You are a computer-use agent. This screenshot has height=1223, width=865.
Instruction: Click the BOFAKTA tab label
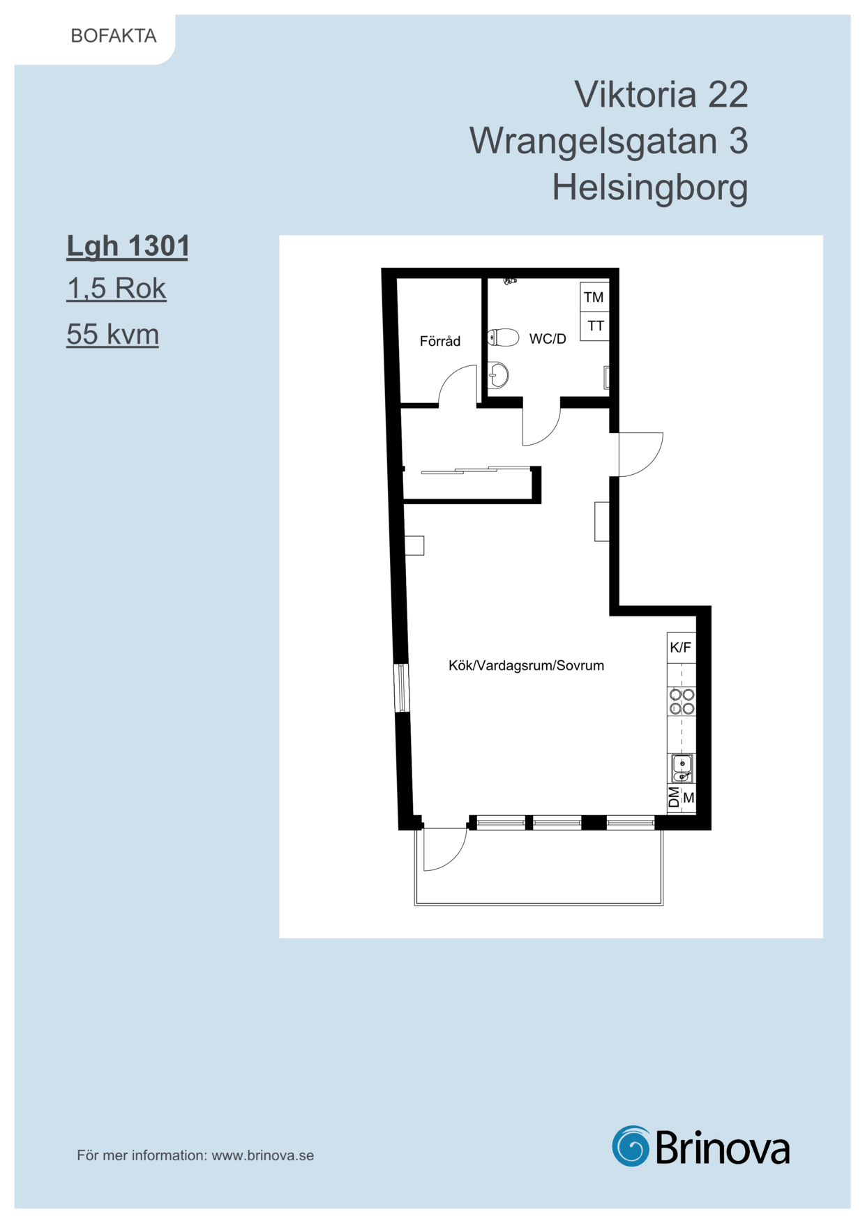coord(114,36)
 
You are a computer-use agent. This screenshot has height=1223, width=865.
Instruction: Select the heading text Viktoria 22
coord(661,94)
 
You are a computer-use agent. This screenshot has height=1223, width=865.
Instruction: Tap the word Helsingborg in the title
coord(650,188)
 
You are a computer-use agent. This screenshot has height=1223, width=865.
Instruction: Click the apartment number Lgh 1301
coord(128,247)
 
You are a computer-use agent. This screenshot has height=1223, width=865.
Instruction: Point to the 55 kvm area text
coord(113,334)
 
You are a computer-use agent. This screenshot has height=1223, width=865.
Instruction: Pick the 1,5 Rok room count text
coord(116,289)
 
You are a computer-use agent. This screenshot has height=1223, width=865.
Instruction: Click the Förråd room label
coord(440,341)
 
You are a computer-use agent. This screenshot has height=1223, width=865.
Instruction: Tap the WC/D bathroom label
coord(548,339)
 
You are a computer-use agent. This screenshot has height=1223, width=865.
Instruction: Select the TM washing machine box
coord(594,297)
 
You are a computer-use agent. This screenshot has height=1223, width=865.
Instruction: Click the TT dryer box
coord(594,326)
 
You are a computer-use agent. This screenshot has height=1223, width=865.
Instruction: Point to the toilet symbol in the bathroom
coord(503,338)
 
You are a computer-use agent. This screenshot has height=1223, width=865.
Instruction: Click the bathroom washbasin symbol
coord(498,375)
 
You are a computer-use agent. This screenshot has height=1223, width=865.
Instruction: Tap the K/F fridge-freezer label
coord(681,648)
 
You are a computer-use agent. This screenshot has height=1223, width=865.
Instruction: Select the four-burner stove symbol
coord(682,701)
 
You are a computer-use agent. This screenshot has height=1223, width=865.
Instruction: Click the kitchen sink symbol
coord(682,768)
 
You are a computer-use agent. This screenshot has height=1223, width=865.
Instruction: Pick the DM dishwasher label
coord(674,798)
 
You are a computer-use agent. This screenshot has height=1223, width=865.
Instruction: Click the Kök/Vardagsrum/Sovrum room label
coord(526,666)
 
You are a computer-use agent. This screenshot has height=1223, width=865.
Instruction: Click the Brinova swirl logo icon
coord(631,1146)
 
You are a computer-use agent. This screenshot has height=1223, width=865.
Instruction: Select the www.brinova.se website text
coord(263,1155)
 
